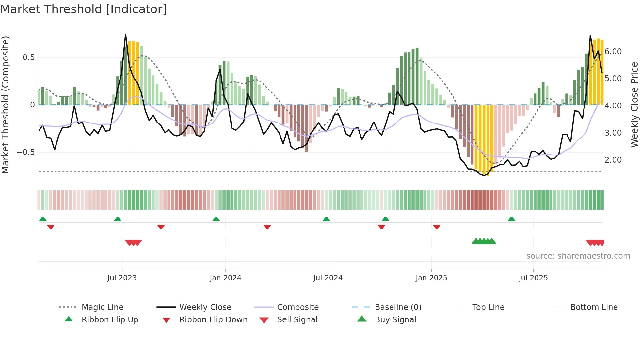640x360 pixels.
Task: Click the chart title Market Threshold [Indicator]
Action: [84, 9]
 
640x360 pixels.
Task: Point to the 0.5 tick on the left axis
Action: [29, 57]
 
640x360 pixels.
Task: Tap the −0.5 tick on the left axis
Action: [25, 152]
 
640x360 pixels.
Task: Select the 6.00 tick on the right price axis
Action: [613, 52]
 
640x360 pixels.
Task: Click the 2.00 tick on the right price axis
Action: [613, 160]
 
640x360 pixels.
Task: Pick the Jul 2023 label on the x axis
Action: [122, 278]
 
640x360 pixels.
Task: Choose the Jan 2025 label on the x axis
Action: [431, 278]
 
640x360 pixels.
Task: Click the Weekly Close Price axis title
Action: [634, 105]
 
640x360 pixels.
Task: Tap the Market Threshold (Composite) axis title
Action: [5, 105]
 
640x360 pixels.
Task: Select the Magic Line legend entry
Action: [102, 307]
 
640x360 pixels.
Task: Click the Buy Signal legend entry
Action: [395, 320]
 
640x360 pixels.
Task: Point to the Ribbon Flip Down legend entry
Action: [213, 320]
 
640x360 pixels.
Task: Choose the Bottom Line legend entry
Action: [594, 307]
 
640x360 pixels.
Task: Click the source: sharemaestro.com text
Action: [578, 256]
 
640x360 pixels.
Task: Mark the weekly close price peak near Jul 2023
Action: [125, 35]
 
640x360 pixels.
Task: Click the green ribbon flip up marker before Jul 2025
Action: [511, 219]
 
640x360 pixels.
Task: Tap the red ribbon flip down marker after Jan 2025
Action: [437, 227]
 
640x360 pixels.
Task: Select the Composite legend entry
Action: [297, 307]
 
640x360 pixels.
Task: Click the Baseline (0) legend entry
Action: [398, 307]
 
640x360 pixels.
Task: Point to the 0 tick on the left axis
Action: [32, 105]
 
